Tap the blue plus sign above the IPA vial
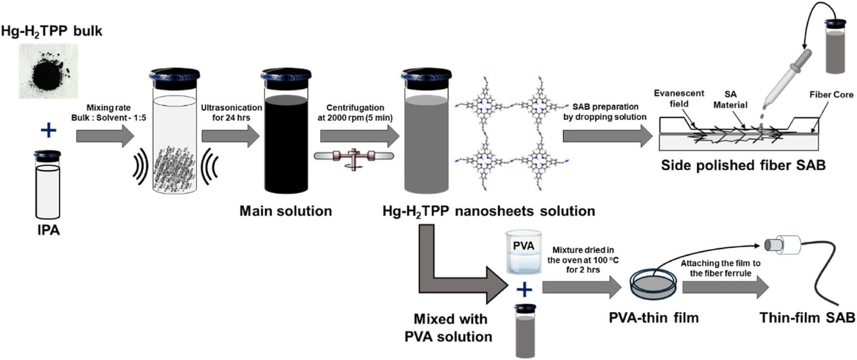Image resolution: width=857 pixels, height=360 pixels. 48,130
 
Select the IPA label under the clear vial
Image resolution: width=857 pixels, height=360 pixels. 48,230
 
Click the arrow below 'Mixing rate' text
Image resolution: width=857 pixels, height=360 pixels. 105,136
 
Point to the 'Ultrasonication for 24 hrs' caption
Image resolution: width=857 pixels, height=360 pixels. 231,113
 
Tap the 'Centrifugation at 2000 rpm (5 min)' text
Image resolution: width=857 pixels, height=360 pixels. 355,113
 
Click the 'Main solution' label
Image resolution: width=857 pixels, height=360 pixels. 285,211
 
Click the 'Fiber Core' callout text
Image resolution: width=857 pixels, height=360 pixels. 831,95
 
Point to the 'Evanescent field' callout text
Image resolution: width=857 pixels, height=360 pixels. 678,99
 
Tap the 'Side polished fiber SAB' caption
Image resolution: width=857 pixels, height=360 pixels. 743,165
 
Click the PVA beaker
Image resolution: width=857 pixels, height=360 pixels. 523,252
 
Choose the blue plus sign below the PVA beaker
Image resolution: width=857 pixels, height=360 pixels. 524,290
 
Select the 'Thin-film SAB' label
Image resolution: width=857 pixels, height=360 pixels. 807,318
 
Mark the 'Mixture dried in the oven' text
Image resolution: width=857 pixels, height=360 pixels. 583,260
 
